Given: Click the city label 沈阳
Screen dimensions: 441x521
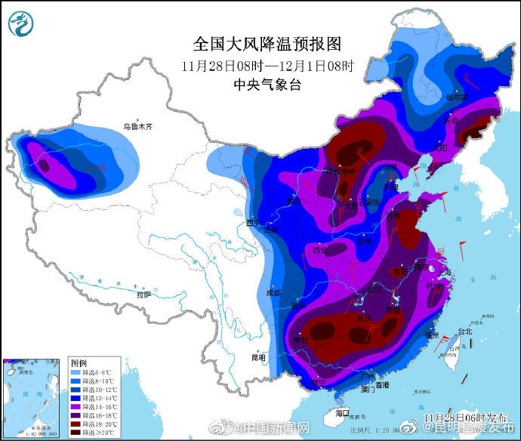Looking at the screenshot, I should pyautogui.click(x=439, y=147).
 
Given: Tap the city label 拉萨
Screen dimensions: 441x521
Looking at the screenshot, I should pyautogui.click(x=143, y=295).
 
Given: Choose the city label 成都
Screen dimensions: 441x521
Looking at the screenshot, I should pyautogui.click(x=273, y=292).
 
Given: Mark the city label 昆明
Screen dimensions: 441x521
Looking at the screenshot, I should pyautogui.click(x=258, y=357).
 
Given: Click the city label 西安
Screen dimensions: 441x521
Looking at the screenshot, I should pyautogui.click(x=320, y=250).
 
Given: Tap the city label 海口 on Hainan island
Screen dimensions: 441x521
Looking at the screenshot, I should pyautogui.click(x=342, y=413).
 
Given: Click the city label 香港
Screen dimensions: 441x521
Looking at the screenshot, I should pyautogui.click(x=381, y=385).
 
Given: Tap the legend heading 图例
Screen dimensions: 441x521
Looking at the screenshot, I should pyautogui.click(x=78, y=363).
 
